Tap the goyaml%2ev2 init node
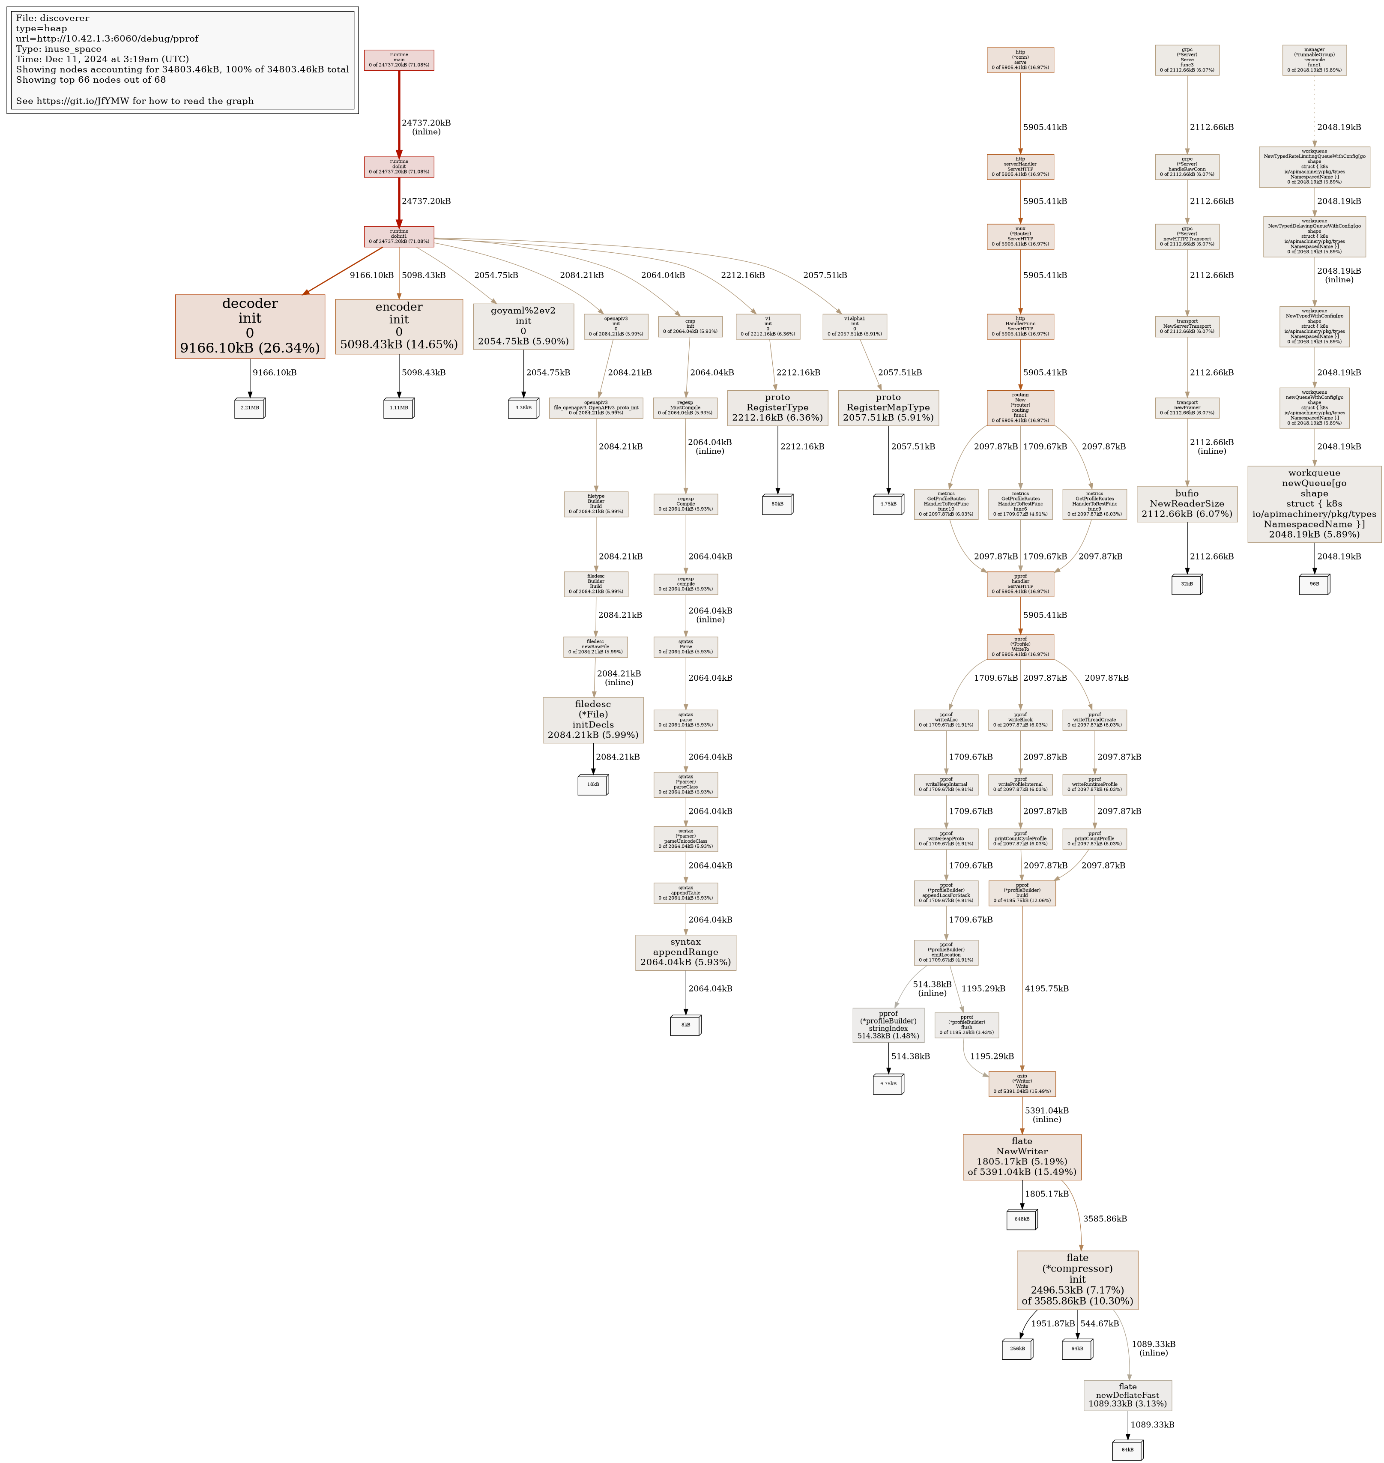pos(523,326)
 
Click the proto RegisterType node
pos(777,407)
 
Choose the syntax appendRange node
pos(685,952)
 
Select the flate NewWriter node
pos(1022,1156)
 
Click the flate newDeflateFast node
pos(1127,1395)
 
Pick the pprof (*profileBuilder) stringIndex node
pos(888,1025)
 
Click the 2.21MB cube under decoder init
pos(249,408)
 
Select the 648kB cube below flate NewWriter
pos(1022,1219)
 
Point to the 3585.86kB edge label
pos(1104,1219)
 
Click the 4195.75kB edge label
pos(1046,989)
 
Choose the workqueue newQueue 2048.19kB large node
pos(1314,504)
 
